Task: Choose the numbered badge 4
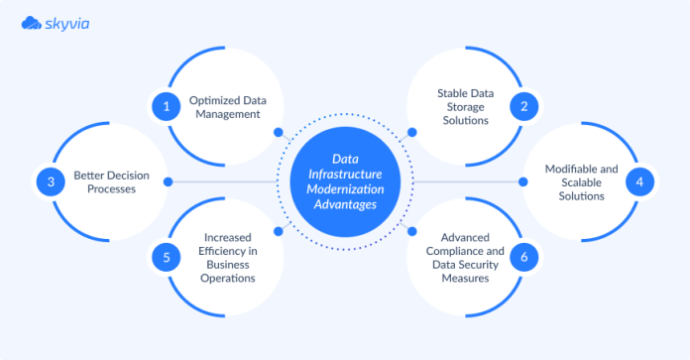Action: (639, 180)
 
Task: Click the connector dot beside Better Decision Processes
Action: (169, 181)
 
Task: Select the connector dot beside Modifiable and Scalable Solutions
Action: (522, 181)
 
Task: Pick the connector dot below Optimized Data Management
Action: (279, 130)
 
